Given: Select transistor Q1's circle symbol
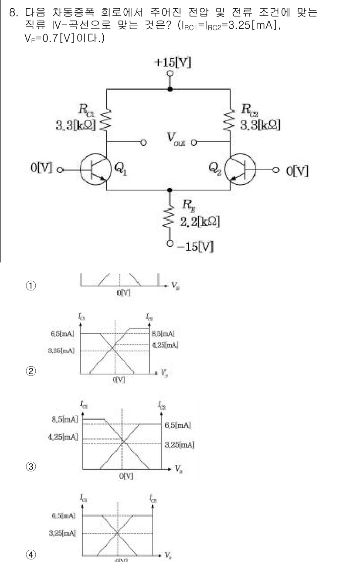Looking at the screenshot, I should tap(93, 169).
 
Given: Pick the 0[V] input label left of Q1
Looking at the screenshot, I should tap(43, 169).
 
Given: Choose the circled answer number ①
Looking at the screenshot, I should tap(31, 286).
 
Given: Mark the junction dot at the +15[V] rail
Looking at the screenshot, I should tap(170, 89).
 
